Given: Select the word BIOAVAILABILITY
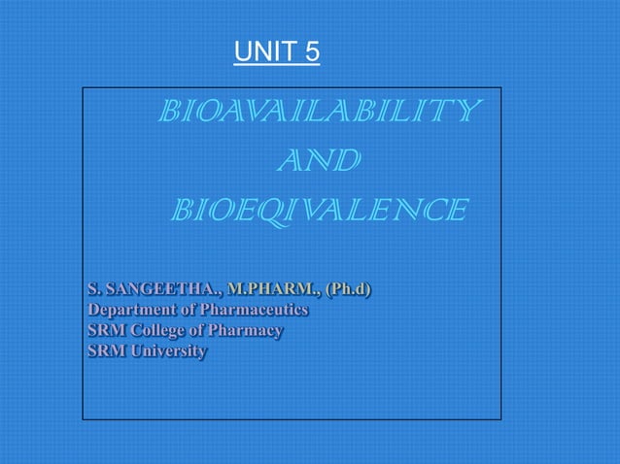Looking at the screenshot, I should click(x=318, y=112).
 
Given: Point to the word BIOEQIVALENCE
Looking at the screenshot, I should click(x=319, y=209).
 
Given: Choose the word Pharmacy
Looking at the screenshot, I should click(x=249, y=330).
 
